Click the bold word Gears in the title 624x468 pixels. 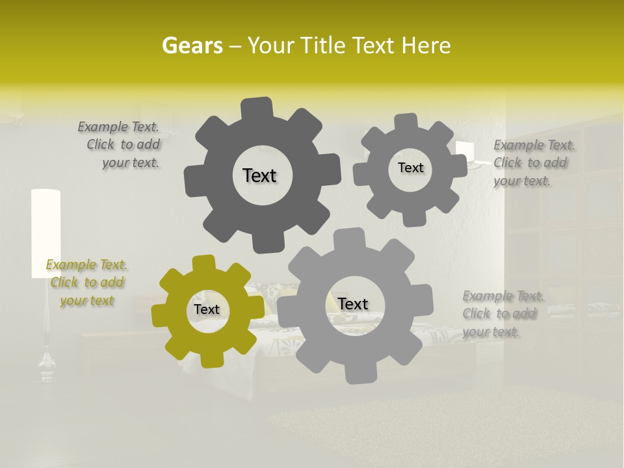coord(191,45)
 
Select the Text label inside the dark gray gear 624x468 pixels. coord(259,175)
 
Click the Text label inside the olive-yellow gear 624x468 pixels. coord(207,309)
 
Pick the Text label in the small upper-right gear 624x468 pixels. coord(410,168)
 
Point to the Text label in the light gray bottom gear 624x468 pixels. coord(353,304)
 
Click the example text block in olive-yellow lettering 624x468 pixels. coord(86,283)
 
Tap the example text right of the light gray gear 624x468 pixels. coord(502,314)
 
